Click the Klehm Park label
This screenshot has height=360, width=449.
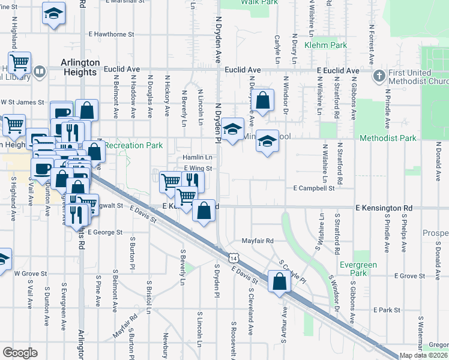326,45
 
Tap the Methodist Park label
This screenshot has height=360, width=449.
388,138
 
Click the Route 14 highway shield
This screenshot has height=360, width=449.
232,257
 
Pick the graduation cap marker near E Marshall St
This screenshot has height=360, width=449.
53,14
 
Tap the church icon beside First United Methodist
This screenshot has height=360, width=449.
379,76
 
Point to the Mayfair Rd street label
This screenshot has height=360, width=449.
258,241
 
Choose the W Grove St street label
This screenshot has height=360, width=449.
31,274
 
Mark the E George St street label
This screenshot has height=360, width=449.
105,232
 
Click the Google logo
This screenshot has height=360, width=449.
20,353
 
